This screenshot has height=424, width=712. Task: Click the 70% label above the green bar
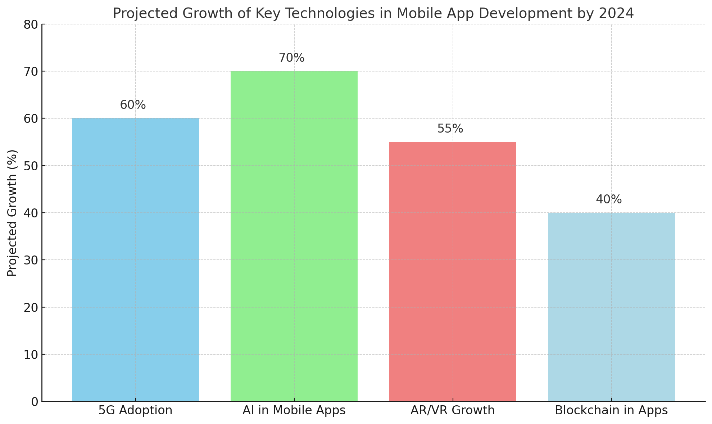[x=291, y=58]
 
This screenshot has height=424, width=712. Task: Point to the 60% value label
[x=133, y=105]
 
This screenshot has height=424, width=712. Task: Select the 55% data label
[x=450, y=129]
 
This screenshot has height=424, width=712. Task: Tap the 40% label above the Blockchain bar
[x=609, y=199]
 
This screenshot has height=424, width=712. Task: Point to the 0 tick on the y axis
[x=35, y=402]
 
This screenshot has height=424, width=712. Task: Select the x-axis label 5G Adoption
[x=135, y=410]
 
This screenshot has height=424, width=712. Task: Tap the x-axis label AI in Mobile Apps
[x=294, y=410]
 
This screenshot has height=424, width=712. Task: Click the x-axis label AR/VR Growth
[x=453, y=410]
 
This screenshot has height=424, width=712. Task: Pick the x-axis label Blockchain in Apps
[x=611, y=410]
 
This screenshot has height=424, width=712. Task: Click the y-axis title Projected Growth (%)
[x=12, y=213]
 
